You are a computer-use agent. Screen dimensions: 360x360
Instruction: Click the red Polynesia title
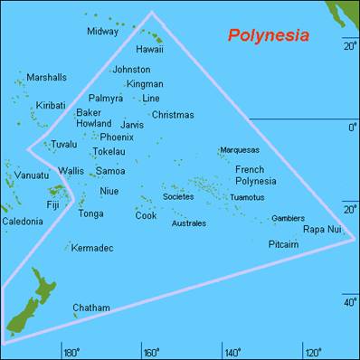tap(268, 36)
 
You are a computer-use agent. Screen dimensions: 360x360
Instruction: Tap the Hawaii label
tap(149, 50)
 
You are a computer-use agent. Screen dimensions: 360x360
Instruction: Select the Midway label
tap(102, 32)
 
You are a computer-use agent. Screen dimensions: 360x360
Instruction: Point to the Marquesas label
tap(239, 150)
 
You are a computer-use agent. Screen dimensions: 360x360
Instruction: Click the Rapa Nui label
tap(322, 230)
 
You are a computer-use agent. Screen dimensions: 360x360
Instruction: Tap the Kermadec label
tap(92, 248)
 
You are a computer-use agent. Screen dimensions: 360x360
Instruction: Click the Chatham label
tap(90, 308)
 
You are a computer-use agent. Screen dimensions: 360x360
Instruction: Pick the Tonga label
tap(90, 214)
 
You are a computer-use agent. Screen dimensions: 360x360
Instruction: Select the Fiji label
tap(53, 205)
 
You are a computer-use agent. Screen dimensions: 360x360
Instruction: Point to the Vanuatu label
tap(31, 175)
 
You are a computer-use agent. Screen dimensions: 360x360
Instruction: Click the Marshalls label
tap(45, 78)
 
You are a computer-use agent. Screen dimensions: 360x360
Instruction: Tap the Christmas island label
tap(172, 115)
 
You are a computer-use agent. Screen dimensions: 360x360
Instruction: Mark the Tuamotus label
tap(247, 197)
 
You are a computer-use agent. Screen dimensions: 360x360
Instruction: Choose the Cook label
tap(146, 216)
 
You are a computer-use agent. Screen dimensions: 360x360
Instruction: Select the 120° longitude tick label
tap(312, 351)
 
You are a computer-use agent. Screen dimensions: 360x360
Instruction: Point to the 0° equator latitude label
tap(352, 128)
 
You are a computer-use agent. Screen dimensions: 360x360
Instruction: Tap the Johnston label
tap(131, 70)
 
